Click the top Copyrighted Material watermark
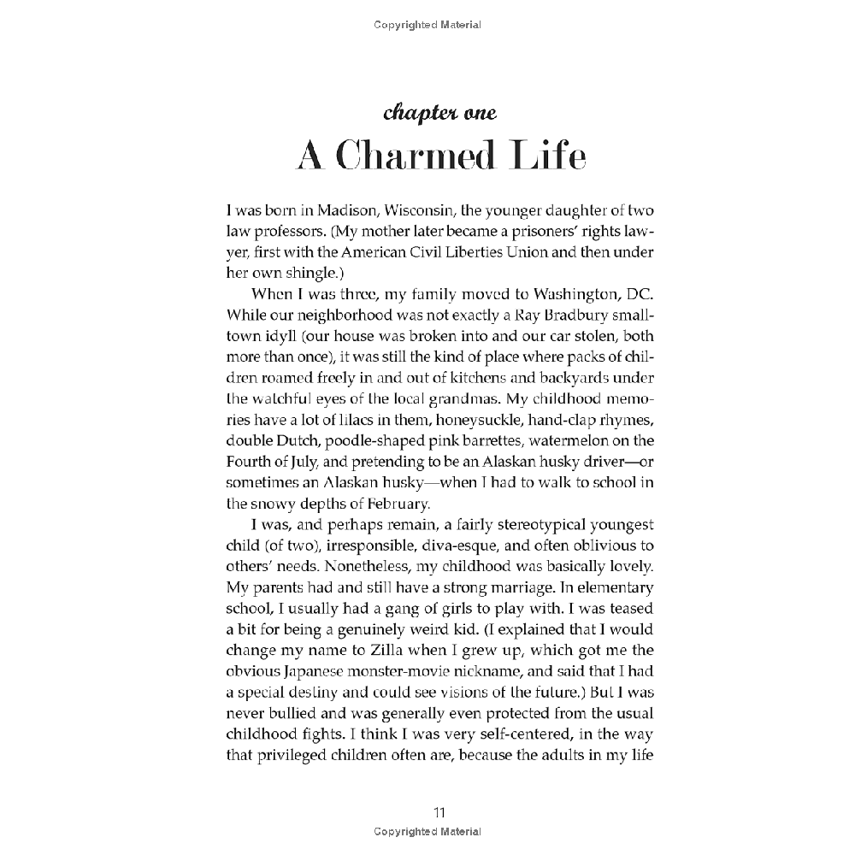(x=427, y=25)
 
